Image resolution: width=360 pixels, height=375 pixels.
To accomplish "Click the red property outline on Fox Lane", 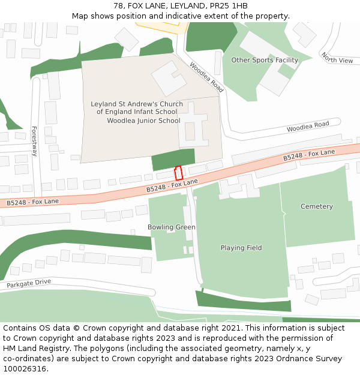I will [x=178, y=173].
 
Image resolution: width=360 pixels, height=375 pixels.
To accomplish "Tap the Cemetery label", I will [x=316, y=206].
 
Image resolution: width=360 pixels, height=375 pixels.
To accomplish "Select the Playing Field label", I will [x=241, y=248].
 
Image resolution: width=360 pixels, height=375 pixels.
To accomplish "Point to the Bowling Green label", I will [x=172, y=227].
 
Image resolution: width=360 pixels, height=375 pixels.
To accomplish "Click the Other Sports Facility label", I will [x=265, y=60].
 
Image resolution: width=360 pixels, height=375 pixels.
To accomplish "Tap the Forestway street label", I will [x=34, y=141].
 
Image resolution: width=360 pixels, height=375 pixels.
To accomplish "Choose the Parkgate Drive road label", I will [x=29, y=283].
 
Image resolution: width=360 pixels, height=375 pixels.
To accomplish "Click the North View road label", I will [x=337, y=58].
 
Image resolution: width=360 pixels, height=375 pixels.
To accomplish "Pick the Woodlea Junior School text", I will [x=143, y=121].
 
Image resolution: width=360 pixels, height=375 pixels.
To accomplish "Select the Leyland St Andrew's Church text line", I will [x=137, y=104].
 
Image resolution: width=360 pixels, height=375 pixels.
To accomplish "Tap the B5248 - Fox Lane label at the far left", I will [x=33, y=202].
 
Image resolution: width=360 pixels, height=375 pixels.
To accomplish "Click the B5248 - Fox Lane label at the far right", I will [x=309, y=155].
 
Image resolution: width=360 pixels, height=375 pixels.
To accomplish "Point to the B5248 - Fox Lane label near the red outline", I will [x=172, y=185].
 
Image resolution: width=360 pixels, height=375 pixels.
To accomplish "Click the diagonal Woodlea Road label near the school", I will [x=206, y=77].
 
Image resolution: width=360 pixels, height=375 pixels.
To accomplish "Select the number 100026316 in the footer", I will [x=24, y=368].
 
